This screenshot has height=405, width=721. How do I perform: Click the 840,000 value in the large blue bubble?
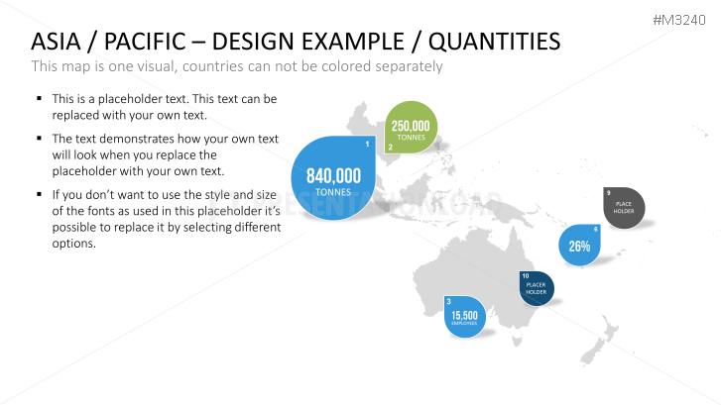(333, 176)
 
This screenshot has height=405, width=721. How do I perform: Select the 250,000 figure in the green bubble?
(411, 126)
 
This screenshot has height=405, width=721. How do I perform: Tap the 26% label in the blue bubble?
(579, 247)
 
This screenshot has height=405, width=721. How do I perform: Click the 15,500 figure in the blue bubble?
(464, 316)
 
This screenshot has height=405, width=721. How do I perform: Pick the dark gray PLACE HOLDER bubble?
(624, 208)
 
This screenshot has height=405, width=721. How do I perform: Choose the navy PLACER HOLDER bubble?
(536, 289)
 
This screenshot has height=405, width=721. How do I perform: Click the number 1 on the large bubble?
(367, 146)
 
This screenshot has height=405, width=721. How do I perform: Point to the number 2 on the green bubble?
(390, 148)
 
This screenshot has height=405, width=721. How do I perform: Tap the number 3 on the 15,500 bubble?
(449, 301)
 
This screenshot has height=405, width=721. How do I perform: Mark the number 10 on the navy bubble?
(526, 275)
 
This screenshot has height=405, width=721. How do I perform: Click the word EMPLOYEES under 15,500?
(464, 324)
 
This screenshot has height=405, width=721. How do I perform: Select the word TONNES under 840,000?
(333, 191)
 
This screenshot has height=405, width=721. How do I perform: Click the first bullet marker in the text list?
(38, 99)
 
